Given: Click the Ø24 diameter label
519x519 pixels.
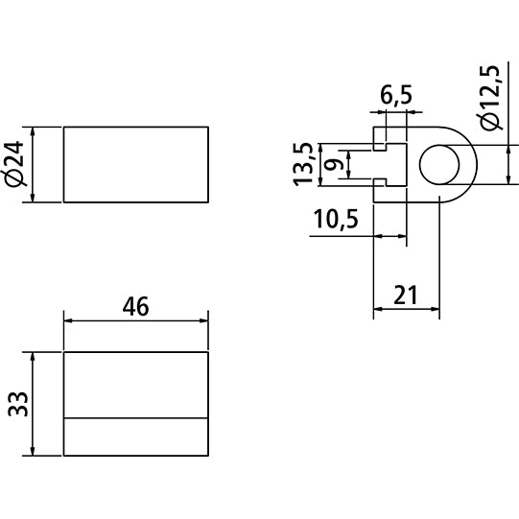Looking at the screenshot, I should [x=15, y=165].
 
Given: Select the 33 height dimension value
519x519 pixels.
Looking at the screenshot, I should [x=15, y=402].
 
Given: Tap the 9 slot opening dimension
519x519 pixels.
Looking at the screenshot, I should [x=333, y=164].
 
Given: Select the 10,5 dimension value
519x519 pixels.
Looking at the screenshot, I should [x=335, y=221].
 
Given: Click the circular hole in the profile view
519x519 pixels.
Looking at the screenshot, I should [x=439, y=164].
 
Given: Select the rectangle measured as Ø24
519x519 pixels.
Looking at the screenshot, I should [x=136, y=164].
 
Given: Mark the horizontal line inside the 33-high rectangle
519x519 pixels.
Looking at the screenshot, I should [x=136, y=418].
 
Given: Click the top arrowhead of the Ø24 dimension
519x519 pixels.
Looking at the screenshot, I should [x=35, y=132].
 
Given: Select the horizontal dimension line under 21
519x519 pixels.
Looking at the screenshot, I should [x=406, y=310].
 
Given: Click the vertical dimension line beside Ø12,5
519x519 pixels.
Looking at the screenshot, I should [x=506, y=164].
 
